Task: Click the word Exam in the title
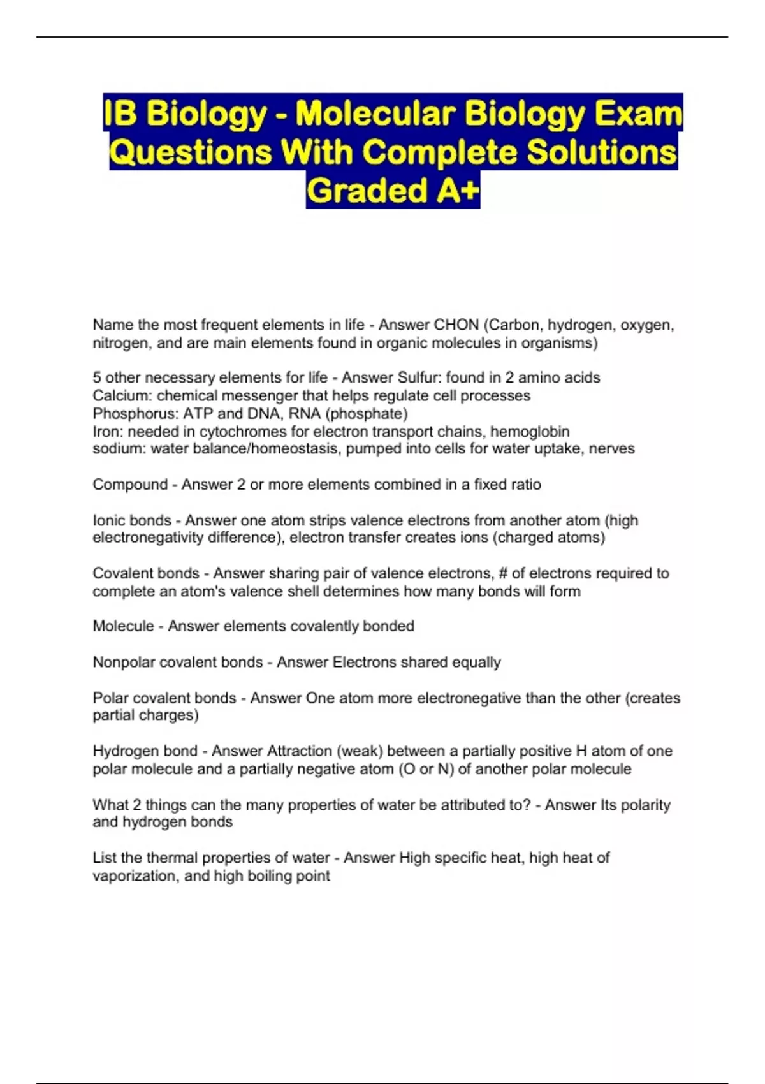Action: pyautogui.click(x=638, y=114)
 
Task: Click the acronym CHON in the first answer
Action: pyautogui.click(x=456, y=325)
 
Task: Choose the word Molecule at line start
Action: pyautogui.click(x=123, y=626)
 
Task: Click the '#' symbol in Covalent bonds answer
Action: pyautogui.click(x=502, y=573)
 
